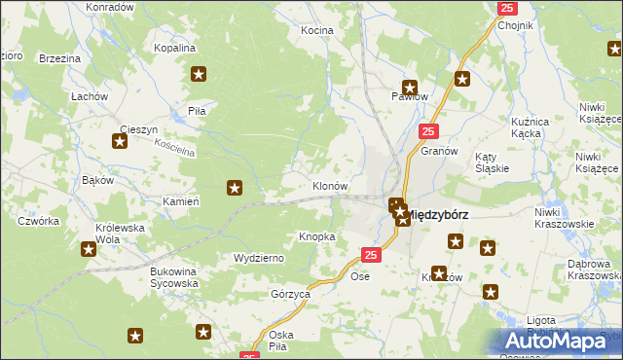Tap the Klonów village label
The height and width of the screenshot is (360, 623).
[330, 185]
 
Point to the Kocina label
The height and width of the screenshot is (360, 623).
[316, 31]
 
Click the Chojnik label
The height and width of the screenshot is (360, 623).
[517, 25]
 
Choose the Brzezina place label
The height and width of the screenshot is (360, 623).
[59, 59]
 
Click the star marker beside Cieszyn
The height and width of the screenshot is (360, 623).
[120, 142]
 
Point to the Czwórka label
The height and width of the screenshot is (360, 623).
[38, 221]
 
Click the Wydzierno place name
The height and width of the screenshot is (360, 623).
[258, 258]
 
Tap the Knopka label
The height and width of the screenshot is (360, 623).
[317, 236]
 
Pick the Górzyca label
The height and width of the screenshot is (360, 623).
[290, 293]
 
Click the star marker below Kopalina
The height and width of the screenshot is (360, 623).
[200, 73]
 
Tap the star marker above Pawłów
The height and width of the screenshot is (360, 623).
[410, 86]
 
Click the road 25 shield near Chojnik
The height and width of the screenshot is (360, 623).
[507, 8]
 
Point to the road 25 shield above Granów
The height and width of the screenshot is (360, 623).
[429, 130]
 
